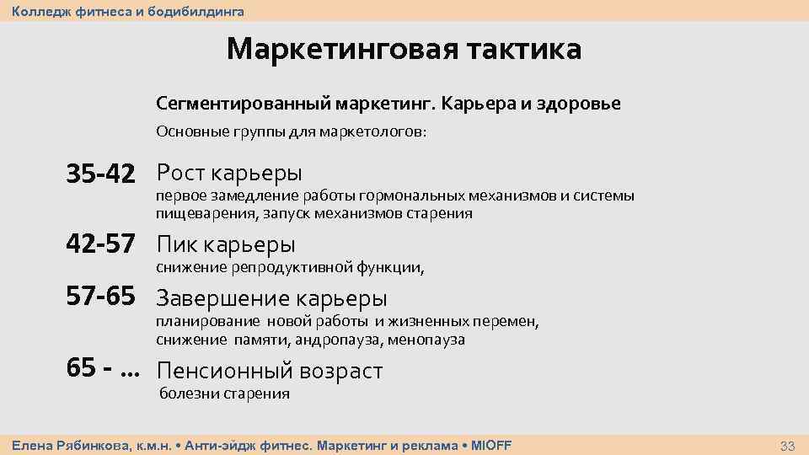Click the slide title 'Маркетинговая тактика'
[x=404, y=49]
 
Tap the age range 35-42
[x=101, y=174]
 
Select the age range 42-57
[x=101, y=245]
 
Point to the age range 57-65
[x=101, y=297]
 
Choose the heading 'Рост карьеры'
[x=229, y=174]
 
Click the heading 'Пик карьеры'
[x=226, y=245]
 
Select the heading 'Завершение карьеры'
[x=272, y=298]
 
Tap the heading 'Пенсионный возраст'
[x=270, y=371]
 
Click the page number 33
[x=788, y=445]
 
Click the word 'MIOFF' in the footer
[x=491, y=445]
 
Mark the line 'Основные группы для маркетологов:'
[x=292, y=132]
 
